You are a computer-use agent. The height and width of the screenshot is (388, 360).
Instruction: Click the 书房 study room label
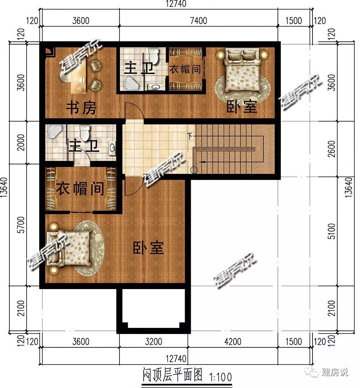point(81,108)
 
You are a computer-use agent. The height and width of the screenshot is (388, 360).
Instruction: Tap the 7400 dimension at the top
point(198,20)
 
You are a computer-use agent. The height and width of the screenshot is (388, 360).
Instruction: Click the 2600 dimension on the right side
point(331,149)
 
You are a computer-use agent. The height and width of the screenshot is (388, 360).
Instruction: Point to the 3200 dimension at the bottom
point(153,342)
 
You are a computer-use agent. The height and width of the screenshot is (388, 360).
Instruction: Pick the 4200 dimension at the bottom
point(233,342)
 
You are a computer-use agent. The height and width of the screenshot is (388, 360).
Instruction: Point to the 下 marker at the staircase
point(190,136)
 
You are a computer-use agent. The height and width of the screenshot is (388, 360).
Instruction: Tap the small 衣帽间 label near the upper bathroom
point(185,69)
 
